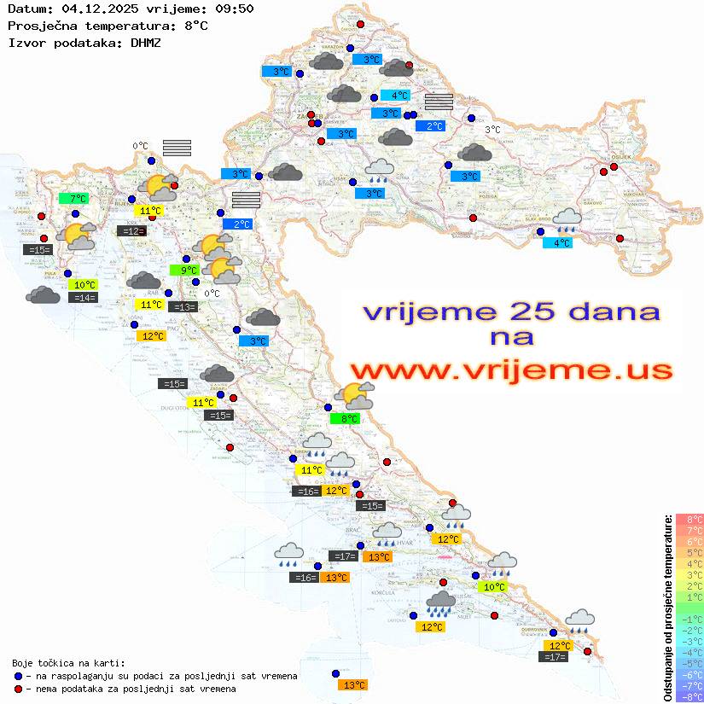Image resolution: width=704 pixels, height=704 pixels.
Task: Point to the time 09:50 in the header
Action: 231,9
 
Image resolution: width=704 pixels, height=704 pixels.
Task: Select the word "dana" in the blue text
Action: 612,311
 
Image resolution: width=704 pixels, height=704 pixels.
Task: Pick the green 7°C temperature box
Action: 74,199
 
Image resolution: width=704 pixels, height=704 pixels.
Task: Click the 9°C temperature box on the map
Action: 184,271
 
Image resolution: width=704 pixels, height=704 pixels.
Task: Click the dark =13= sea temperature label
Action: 182,307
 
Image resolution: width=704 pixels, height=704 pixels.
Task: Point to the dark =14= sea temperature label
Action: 82,298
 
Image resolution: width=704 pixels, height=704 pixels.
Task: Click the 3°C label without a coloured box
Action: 492,130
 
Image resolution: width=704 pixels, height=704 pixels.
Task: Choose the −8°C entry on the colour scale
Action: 689,696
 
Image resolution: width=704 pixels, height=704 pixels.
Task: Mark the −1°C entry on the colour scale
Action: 689,620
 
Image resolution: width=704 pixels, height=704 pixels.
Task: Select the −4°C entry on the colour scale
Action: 689,653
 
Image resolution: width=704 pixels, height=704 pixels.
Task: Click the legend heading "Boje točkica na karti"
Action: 68,663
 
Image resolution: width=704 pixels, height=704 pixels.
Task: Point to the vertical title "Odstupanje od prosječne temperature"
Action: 667,607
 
